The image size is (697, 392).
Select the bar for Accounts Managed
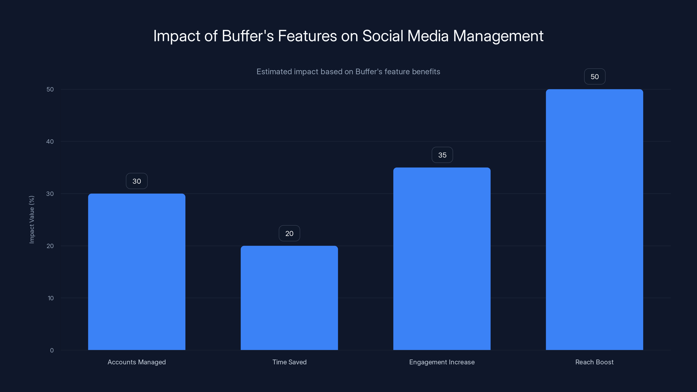tap(137, 272)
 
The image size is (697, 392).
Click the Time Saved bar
tap(289, 297)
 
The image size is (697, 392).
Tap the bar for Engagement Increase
tap(442, 259)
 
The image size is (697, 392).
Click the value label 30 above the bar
tap(137, 181)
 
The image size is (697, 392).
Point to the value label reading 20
tap(289, 233)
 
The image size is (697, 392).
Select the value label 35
tap(442, 155)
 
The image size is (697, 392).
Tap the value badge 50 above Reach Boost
tap(594, 77)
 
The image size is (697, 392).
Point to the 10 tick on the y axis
tap(51, 298)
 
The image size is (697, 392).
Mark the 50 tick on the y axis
tap(50, 89)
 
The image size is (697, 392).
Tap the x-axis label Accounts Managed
tap(137, 362)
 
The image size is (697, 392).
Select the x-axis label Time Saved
tap(289, 362)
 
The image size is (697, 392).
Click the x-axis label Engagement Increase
tap(442, 362)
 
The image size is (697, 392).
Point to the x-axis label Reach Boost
tap(594, 362)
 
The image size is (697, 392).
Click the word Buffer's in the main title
tap(248, 36)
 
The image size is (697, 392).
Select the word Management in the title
tap(498, 36)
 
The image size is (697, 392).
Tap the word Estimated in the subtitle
tap(274, 72)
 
